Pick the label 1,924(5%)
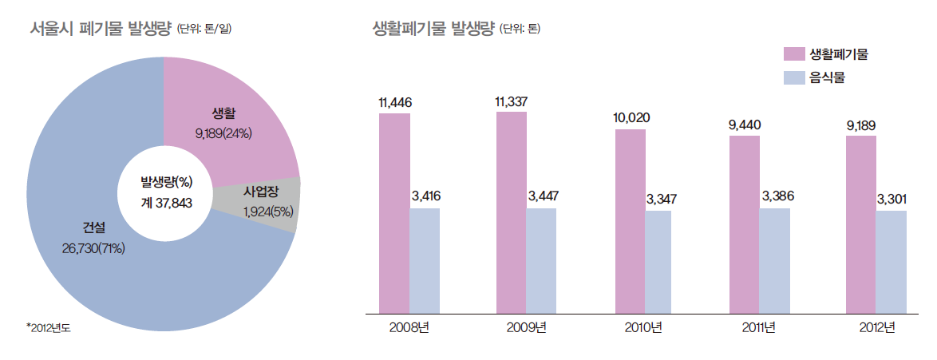tap(269, 212)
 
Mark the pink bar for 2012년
tap(861, 224)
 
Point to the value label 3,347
tap(660, 198)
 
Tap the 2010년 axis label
tap(643, 327)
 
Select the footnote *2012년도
tap(49, 328)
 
